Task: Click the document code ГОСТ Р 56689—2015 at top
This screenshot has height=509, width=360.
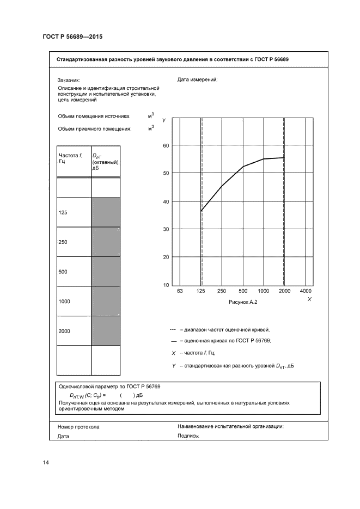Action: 72,36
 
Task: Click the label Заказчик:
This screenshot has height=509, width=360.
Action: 69,79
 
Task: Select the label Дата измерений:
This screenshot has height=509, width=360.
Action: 197,79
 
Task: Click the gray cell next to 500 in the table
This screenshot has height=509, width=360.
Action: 106,271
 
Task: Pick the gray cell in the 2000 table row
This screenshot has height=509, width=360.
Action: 106,330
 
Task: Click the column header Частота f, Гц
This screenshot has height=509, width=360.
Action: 71,159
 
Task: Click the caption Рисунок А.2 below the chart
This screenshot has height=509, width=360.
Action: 242,302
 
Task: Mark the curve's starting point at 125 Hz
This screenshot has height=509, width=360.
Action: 201,211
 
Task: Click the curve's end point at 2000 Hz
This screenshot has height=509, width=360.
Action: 284,158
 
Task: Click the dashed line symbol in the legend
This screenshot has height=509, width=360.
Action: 173,329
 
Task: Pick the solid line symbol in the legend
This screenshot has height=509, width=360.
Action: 173,341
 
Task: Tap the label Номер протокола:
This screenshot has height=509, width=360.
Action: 79,427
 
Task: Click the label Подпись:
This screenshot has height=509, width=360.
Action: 188,436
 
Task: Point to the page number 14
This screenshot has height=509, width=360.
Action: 46,463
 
